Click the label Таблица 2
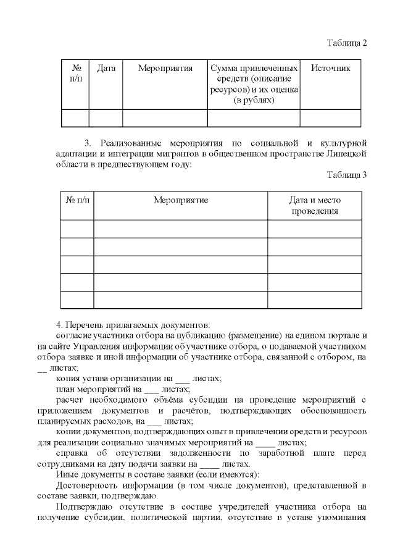click(x=346, y=43)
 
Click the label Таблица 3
click(x=346, y=175)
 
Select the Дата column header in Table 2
click(x=106, y=69)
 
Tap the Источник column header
click(x=330, y=69)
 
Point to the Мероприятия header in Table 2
click(x=165, y=69)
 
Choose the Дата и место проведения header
click(x=315, y=206)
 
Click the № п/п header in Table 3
click(x=77, y=200)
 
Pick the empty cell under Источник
click(x=330, y=118)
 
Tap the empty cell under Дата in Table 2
click(x=106, y=118)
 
